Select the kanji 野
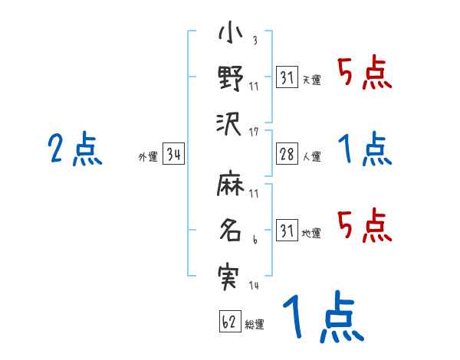tap(230, 77)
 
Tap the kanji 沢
tap(230, 120)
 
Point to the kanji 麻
tap(230, 185)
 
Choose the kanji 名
tap(230, 231)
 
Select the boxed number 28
tap(287, 155)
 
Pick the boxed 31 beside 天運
tap(287, 77)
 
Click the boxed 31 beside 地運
tap(287, 231)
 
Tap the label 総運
tap(255, 325)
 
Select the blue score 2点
tap(75, 150)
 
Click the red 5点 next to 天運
tap(364, 74)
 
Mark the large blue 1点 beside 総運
tap(322, 318)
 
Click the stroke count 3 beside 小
tap(254, 41)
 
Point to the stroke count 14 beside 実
tap(253, 286)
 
